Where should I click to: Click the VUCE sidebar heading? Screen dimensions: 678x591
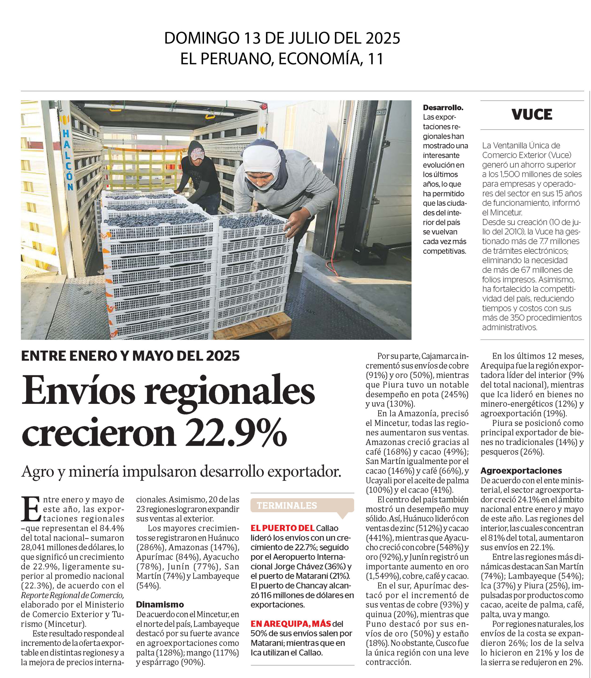(x=532, y=115)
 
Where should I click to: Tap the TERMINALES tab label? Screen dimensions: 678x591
(x=286, y=505)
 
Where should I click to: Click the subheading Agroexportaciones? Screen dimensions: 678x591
(x=521, y=470)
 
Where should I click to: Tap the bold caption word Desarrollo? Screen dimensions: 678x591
(x=443, y=108)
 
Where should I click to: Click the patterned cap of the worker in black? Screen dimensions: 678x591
(x=197, y=154)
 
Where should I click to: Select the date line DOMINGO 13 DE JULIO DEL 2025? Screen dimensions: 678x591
(x=282, y=38)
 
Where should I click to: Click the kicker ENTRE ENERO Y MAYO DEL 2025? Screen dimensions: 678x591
(x=130, y=356)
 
